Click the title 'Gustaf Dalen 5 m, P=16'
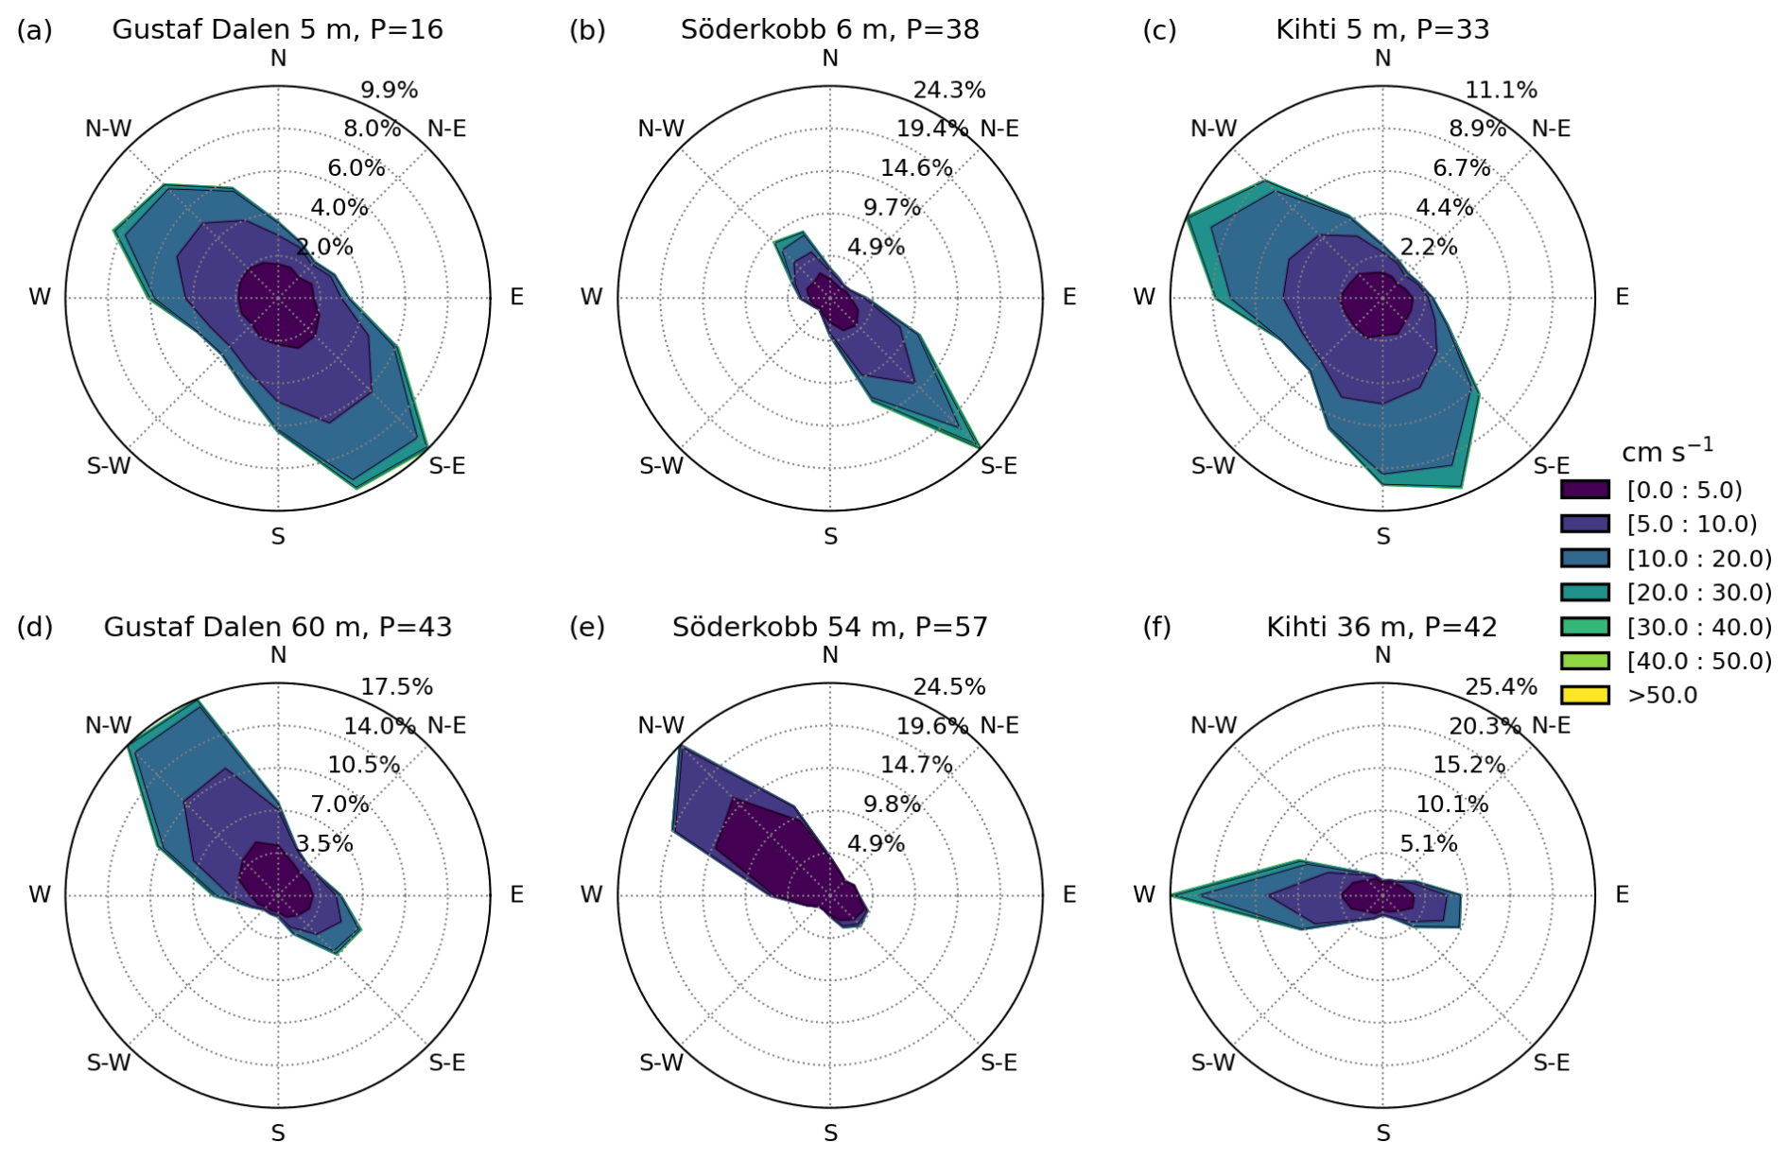[277, 29]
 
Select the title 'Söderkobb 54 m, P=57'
[829, 627]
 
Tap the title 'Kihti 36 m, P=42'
[1381, 627]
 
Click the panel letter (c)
[1159, 30]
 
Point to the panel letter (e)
[587, 627]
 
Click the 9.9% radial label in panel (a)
[389, 91]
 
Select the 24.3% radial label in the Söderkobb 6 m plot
[948, 91]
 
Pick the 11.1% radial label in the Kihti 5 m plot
[1501, 91]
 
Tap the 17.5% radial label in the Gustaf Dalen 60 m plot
[396, 687]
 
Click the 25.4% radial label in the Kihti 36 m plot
[1501, 687]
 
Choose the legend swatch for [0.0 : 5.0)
[1585, 490]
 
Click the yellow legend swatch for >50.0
[1585, 695]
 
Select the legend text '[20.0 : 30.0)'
[1699, 593]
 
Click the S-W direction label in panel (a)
[109, 466]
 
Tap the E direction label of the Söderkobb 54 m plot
[1069, 894]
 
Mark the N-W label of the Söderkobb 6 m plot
[661, 129]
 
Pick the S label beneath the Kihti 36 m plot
[1382, 1133]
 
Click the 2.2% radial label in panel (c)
[1428, 248]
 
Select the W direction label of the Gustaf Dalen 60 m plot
[40, 894]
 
